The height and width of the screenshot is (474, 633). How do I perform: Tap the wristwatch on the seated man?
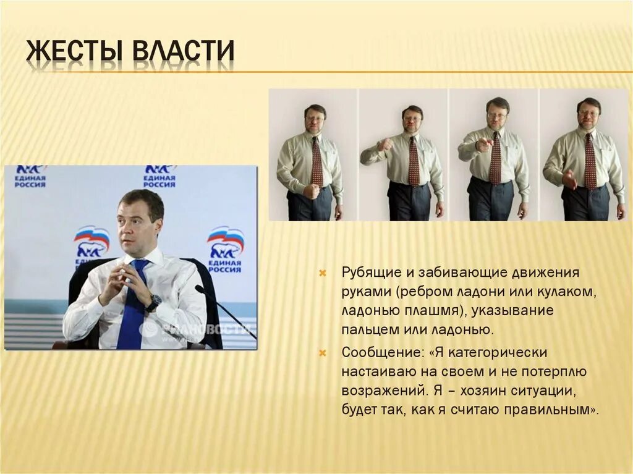click(153, 302)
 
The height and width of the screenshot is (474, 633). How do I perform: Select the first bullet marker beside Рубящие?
click(323, 273)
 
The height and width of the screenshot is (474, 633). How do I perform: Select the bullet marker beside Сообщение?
click(323, 353)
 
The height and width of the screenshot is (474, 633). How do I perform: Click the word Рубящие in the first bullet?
click(372, 273)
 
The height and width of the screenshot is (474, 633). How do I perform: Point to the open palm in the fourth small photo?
click(569, 180)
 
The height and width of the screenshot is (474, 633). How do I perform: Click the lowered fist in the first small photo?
click(312, 190)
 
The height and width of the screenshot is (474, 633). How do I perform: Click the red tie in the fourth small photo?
click(590, 161)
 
